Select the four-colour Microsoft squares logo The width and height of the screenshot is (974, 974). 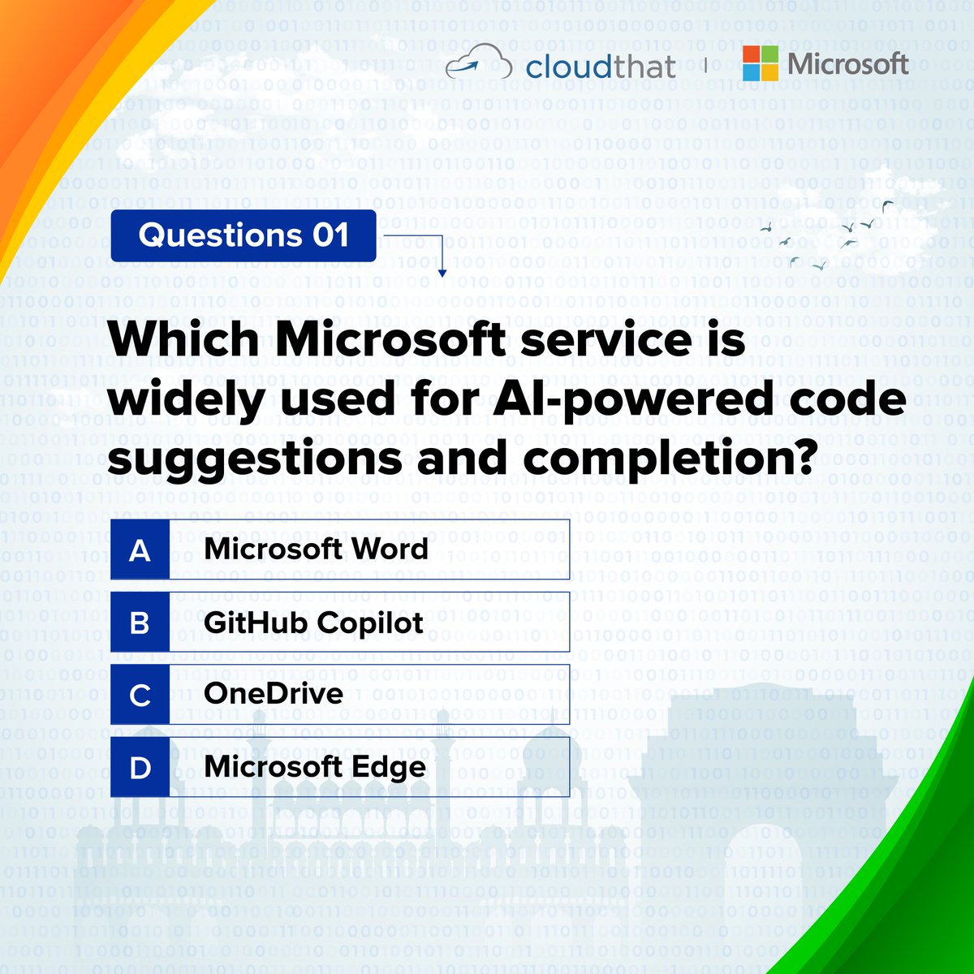(760, 63)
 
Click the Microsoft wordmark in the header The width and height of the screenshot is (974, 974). (847, 63)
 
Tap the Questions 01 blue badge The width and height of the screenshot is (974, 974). (243, 235)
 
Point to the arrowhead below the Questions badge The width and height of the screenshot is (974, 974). (442, 273)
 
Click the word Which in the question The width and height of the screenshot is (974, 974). (183, 338)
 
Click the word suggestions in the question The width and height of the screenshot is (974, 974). (256, 459)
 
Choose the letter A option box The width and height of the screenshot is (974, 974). (140, 549)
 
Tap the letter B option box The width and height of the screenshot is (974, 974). (140, 623)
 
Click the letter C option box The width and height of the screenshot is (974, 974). (140, 695)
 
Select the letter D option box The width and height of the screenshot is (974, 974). (140, 767)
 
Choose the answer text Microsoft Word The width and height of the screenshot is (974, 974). (316, 549)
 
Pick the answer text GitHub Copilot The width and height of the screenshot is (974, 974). (313, 623)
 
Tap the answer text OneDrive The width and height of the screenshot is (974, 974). (273, 694)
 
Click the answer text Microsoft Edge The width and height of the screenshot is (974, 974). (315, 767)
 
